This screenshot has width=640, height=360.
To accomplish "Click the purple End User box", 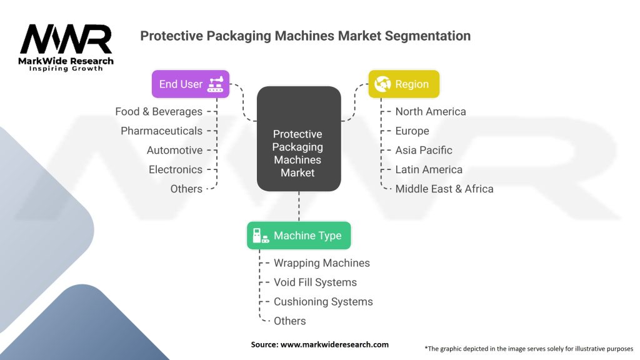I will click(x=191, y=84).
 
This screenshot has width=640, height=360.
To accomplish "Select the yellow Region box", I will click(x=404, y=84).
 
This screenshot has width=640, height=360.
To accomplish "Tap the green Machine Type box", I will click(x=299, y=236).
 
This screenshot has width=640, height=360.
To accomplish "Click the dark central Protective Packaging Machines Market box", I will click(x=298, y=139).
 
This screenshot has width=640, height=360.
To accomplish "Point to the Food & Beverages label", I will click(x=159, y=112).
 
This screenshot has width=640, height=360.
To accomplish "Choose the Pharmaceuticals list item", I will click(x=161, y=131).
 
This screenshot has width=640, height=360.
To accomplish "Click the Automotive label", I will click(x=174, y=151).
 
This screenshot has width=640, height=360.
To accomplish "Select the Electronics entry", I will click(x=175, y=170).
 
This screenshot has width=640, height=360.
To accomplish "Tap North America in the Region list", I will click(x=431, y=112).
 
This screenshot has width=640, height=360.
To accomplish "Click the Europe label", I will click(x=412, y=131).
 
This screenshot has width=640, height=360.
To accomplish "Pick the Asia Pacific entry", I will click(x=424, y=151).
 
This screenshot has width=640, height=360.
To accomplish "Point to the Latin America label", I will click(x=429, y=170).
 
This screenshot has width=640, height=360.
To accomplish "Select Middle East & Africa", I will click(x=444, y=189).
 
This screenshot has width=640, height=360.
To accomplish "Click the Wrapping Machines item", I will click(x=322, y=263).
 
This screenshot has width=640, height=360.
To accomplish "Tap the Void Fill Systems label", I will click(x=315, y=282).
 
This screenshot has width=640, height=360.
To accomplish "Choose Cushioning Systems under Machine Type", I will click(x=323, y=302).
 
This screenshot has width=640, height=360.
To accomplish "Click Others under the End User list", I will click(x=186, y=189).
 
